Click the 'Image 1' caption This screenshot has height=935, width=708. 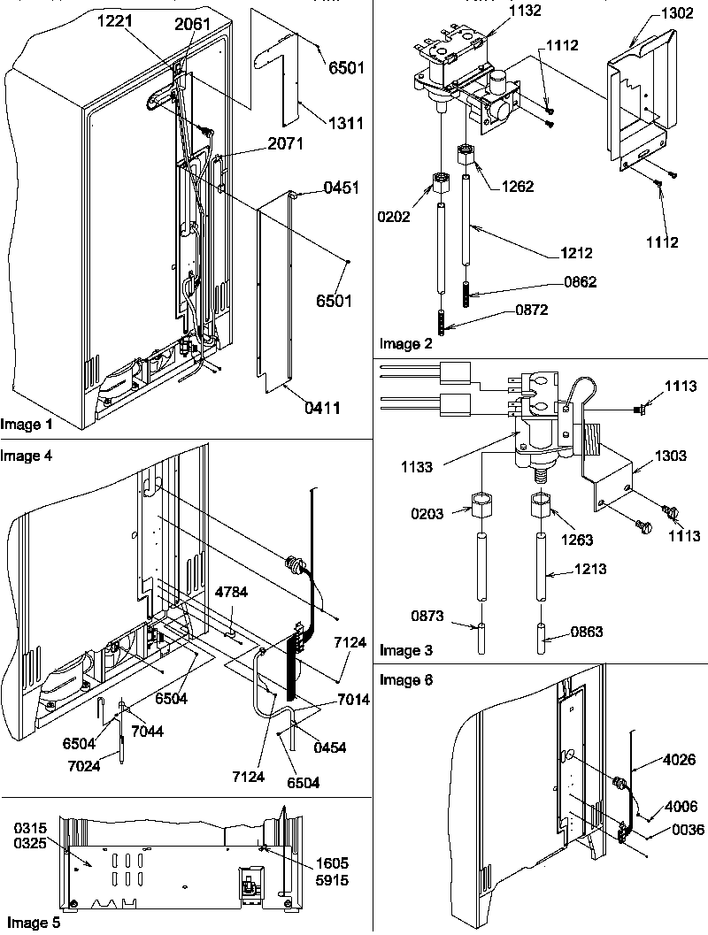[x=27, y=425]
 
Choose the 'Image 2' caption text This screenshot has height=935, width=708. [x=405, y=344]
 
